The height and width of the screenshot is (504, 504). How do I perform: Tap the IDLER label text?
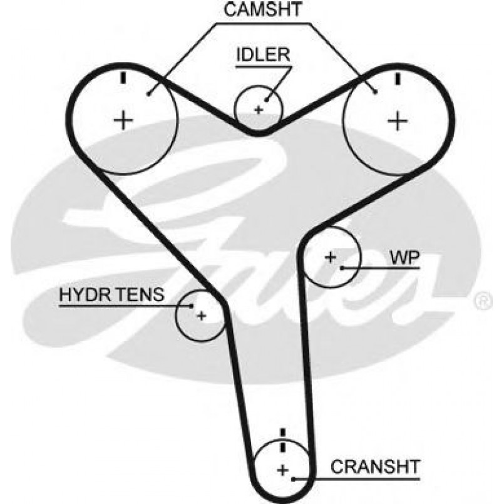pyautogui.click(x=263, y=55)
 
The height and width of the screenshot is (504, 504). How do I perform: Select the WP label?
pyautogui.click(x=404, y=257)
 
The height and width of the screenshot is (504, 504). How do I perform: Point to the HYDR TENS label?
pyautogui.click(x=112, y=294)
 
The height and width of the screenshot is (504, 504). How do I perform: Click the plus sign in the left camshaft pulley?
pyautogui.click(x=124, y=119)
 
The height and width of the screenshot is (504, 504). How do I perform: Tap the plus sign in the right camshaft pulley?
pyautogui.click(x=396, y=120)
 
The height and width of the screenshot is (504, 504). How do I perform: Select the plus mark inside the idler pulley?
pyautogui.click(x=257, y=110)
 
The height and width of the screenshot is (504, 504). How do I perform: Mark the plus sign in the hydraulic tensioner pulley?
pyautogui.click(x=201, y=315)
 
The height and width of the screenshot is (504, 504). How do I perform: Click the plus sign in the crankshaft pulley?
pyautogui.click(x=283, y=469)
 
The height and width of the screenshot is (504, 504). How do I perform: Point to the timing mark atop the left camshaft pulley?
pyautogui.click(x=124, y=78)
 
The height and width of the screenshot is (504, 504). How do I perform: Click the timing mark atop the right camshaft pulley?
pyautogui.click(x=397, y=78)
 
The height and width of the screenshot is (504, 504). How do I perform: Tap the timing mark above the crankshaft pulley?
pyautogui.click(x=283, y=436)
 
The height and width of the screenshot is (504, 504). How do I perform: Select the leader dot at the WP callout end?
pyautogui.click(x=342, y=268)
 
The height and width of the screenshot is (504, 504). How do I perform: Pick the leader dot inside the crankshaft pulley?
pyautogui.click(x=294, y=480)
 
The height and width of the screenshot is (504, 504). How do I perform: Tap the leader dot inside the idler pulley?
pyautogui.click(x=267, y=98)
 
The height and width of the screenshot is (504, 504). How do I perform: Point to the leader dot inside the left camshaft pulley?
pyautogui.click(x=148, y=94)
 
